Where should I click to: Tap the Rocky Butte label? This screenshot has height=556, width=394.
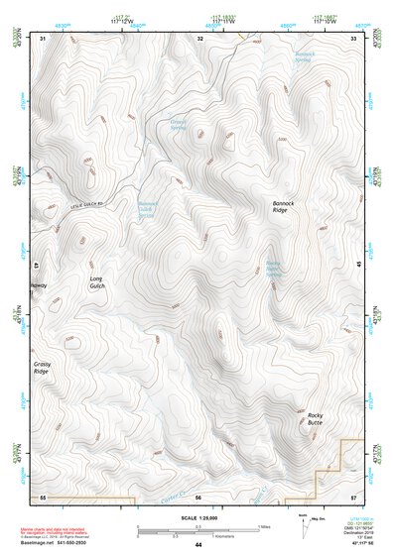click(x=315, y=418)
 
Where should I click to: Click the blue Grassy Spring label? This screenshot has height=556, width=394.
click(x=178, y=126)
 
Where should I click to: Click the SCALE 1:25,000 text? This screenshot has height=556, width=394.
click(x=197, y=517)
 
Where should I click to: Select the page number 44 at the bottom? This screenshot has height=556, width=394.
click(x=197, y=544)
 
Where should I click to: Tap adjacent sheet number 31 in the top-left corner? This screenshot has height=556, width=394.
click(x=44, y=38)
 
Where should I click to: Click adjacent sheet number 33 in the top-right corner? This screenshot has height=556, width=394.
click(x=352, y=38)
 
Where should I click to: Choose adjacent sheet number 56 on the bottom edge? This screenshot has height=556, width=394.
click(x=197, y=495)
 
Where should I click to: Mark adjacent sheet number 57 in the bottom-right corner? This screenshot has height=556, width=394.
click(x=352, y=495)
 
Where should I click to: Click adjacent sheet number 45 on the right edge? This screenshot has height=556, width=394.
click(x=358, y=265)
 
